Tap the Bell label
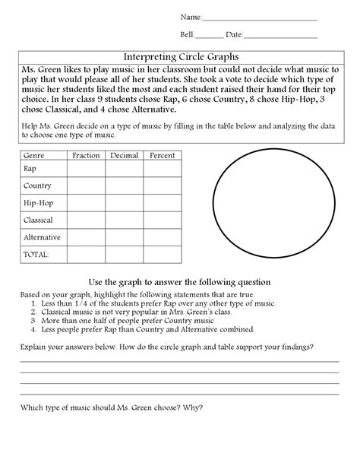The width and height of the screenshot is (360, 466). tap(187, 35)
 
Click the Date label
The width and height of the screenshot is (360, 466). tap(234, 35)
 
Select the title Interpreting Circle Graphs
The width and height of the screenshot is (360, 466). tap(181, 56)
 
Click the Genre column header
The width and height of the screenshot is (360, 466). tap(34, 155)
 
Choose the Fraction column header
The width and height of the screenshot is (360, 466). tap(85, 155)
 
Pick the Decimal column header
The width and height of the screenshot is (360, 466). tap(124, 155)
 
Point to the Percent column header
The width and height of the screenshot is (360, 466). tap(162, 155)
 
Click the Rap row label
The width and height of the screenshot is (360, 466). tap(30, 169)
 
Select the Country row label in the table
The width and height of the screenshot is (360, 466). tap(37, 185)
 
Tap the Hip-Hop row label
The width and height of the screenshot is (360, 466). tap(38, 203)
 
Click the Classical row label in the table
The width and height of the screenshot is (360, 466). tap(39, 220)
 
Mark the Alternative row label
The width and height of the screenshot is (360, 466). tap(42, 237)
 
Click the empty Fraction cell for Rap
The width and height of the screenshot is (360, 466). tap(85, 169)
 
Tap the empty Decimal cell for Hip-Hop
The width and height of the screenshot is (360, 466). tap(124, 203)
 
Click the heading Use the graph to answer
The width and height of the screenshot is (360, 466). tap(180, 282)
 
